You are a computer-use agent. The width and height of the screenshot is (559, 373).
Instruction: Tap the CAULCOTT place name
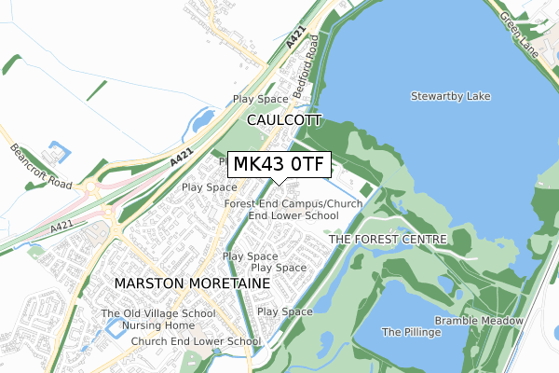click(x=284, y=120)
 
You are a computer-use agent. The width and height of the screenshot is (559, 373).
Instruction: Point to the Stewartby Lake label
click(x=450, y=96)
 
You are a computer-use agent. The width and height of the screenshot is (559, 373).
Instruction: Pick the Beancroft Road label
click(x=41, y=166)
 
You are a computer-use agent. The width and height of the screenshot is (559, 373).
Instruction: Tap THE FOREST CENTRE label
click(x=389, y=240)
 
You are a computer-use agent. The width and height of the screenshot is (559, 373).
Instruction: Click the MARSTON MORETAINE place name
click(x=191, y=282)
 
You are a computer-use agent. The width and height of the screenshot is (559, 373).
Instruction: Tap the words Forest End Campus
click(x=273, y=203)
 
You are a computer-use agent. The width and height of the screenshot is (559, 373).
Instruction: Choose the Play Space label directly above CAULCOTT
click(x=260, y=99)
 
